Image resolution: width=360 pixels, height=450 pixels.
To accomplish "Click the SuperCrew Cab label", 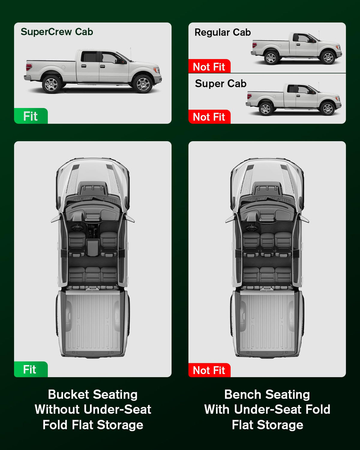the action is pyautogui.click(x=57, y=32).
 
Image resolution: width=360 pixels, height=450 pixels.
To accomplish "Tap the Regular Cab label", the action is pyautogui.click(x=223, y=32).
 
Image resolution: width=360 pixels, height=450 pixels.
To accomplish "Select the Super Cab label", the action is pyautogui.click(x=221, y=84).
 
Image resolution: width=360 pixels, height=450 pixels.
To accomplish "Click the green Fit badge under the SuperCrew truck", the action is pyautogui.click(x=31, y=116).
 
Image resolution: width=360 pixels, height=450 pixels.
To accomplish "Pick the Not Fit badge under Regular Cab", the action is pyautogui.click(x=209, y=66).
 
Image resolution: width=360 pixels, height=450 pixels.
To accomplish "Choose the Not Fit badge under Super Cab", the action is pyautogui.click(x=209, y=117).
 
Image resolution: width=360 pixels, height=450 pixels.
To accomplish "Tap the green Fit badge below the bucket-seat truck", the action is pyautogui.click(x=31, y=369).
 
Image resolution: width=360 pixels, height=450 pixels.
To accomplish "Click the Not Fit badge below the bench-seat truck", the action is pyautogui.click(x=209, y=370).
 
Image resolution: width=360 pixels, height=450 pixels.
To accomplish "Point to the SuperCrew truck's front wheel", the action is pyautogui.click(x=143, y=84).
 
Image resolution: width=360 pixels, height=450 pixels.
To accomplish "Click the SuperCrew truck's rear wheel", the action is pyautogui.click(x=52, y=84).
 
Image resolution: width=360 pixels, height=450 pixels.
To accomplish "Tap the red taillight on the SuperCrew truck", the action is pyautogui.click(x=29, y=67).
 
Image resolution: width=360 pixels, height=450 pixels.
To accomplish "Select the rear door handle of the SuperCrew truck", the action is pyautogui.click(x=84, y=66).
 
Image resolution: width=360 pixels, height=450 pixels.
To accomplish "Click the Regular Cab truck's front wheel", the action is pyautogui.click(x=328, y=58).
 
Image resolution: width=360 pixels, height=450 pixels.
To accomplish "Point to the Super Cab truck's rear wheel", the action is pyautogui.click(x=265, y=109).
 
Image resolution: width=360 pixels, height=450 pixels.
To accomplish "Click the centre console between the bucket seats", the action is pyautogui.click(x=93, y=247).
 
